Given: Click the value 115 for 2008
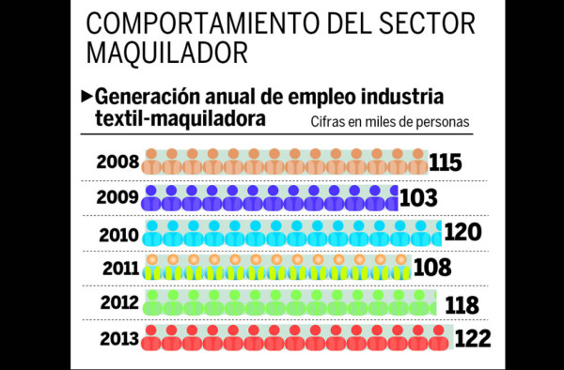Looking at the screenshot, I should click(x=446, y=162).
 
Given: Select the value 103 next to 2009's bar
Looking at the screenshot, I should click(x=417, y=198).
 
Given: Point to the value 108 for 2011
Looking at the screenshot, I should click(x=431, y=269).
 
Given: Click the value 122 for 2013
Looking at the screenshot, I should click(x=472, y=339).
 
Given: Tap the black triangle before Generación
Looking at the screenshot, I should click(x=87, y=95).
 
